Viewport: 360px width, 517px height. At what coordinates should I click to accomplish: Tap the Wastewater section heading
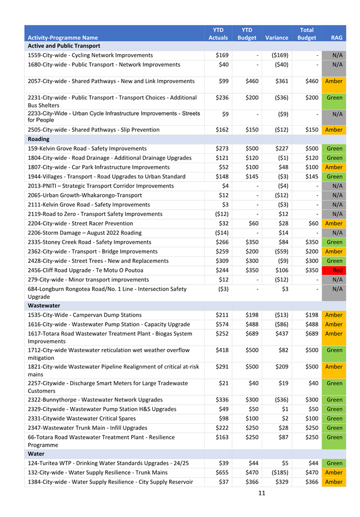pyautogui.click(x=43, y=306)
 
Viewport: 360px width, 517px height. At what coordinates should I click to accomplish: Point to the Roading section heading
pyautogui.click(x=39, y=139)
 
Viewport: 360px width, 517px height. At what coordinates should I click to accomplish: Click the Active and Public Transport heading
pyautogui.click(x=64, y=46)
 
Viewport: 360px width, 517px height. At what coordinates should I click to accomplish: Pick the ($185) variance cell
pyautogui.click(x=277, y=472)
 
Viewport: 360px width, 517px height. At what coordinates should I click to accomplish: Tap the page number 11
pyautogui.click(x=261, y=493)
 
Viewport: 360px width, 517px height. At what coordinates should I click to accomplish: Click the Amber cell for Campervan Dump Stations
pyautogui.click(x=334, y=315)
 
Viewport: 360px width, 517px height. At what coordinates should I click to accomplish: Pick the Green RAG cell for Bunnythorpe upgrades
pyautogui.click(x=334, y=400)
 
